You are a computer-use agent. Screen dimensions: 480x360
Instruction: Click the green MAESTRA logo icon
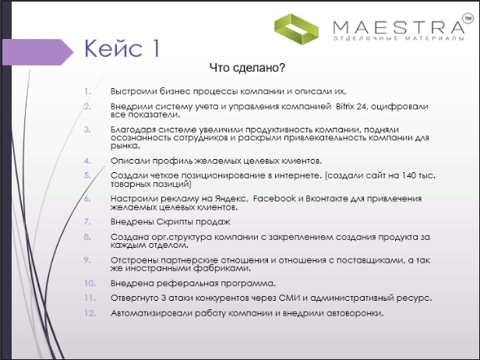pyautogui.click(x=296, y=29)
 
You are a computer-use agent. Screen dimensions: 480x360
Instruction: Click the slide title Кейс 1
pyautogui.click(x=122, y=48)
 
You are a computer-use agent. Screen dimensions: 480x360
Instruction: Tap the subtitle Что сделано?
pyautogui.click(x=247, y=67)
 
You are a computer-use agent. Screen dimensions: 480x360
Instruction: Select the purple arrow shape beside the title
pyautogui.click(x=37, y=52)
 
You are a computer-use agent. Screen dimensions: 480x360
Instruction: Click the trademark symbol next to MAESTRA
pyautogui.click(x=468, y=19)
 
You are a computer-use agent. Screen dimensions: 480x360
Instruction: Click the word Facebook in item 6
pyautogui.click(x=274, y=199)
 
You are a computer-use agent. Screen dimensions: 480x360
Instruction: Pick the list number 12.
pyautogui.click(x=90, y=313)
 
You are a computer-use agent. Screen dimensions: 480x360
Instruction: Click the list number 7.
pyautogui.click(x=87, y=221)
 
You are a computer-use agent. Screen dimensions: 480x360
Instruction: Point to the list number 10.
pyautogui.click(x=90, y=283)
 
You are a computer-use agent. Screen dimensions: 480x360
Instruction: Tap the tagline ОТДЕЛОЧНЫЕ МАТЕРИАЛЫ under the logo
pyautogui.click(x=399, y=39)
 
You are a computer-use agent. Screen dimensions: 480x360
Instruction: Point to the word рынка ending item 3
pyautogui.click(x=125, y=146)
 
